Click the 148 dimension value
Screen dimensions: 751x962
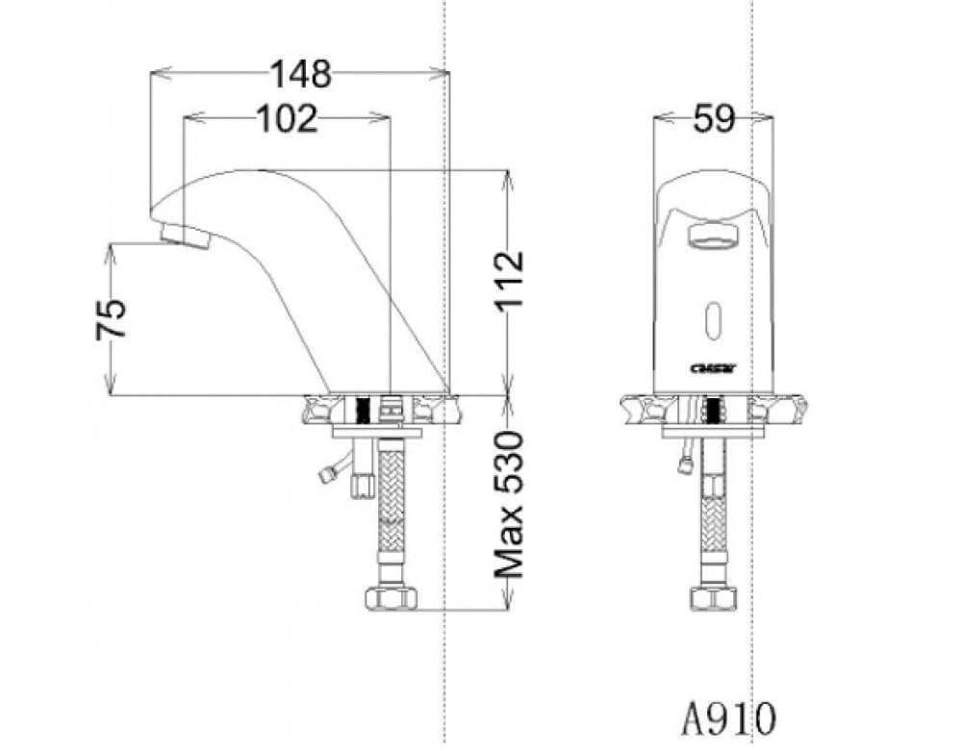click(x=300, y=73)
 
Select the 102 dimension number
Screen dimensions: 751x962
click(x=286, y=118)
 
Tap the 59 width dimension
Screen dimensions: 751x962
click(x=713, y=118)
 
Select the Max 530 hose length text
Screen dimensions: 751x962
click(x=509, y=504)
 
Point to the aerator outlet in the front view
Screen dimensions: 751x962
click(x=713, y=234)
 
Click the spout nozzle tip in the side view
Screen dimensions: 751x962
click(x=184, y=236)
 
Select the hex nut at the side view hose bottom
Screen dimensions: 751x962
click(x=391, y=598)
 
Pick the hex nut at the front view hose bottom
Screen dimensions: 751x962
click(x=713, y=598)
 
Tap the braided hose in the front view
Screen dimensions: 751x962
click(x=713, y=519)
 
